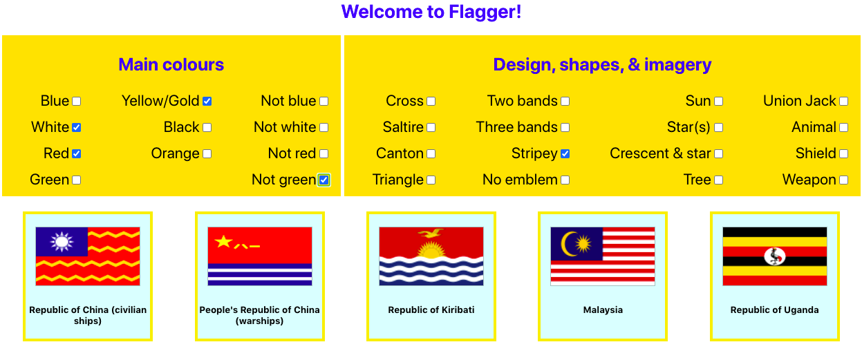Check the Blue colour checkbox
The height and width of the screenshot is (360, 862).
77,101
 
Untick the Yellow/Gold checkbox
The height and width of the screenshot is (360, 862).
207,101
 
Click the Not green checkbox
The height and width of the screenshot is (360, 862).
324,180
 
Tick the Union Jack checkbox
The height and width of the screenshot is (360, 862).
843,101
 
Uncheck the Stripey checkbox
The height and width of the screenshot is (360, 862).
565,154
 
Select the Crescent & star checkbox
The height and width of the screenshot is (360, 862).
718,154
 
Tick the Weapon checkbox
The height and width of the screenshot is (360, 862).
843,180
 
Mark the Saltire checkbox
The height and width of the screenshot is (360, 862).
431,127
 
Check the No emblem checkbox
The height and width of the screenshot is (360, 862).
565,180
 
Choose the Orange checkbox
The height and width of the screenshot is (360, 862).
207,154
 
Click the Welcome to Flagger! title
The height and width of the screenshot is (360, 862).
431,12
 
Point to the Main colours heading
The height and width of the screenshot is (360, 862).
171,65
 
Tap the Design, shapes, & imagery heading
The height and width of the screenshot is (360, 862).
602,65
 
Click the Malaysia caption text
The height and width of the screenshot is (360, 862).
603,310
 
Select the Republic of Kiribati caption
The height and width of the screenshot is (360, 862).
431,310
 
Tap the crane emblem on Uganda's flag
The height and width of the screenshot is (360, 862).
774,256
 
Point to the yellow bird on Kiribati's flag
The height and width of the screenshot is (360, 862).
431,233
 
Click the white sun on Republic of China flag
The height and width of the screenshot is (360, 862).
62,242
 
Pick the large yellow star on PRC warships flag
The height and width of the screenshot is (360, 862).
223,242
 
